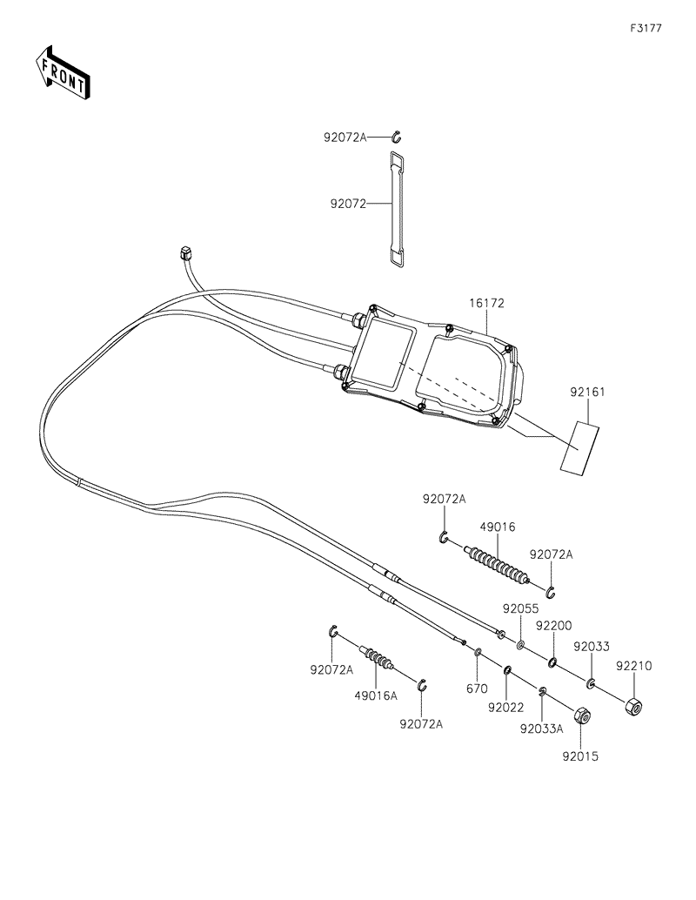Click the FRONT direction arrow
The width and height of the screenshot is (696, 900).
(x=62, y=72)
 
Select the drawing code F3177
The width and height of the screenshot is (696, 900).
(x=646, y=28)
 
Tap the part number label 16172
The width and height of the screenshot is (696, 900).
(x=489, y=304)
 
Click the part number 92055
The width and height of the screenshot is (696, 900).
(x=520, y=608)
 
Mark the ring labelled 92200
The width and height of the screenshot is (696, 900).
(x=552, y=664)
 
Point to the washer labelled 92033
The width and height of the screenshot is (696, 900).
(x=591, y=682)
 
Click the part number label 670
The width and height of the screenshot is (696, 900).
(x=476, y=688)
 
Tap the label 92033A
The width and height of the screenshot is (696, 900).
(x=542, y=729)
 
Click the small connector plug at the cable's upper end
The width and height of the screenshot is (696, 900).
(x=183, y=253)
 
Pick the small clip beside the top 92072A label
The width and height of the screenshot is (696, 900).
(x=396, y=136)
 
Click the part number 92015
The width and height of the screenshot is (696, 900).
(x=580, y=756)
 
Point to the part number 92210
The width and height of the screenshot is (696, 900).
(x=634, y=665)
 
